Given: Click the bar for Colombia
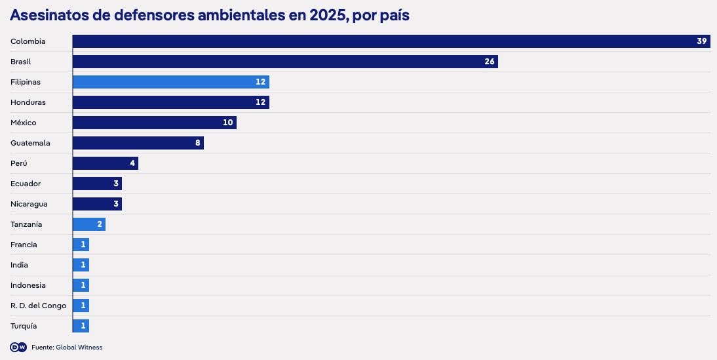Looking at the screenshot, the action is click(x=391, y=41).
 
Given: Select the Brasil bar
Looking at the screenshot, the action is click(x=285, y=62).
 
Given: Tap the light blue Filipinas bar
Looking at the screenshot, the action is click(x=171, y=82).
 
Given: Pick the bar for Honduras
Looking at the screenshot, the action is click(x=171, y=102).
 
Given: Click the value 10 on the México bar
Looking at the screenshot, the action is click(x=227, y=123).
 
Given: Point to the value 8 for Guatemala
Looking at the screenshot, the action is click(x=198, y=143).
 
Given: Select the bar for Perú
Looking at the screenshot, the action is click(x=106, y=163).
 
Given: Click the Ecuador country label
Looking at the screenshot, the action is click(x=26, y=184).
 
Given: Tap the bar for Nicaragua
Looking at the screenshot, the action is click(x=98, y=204).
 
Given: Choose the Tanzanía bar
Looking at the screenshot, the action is click(x=89, y=224).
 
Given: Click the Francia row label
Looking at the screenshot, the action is click(x=24, y=245).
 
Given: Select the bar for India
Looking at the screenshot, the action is click(x=81, y=265).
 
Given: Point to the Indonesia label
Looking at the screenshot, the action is click(x=28, y=285).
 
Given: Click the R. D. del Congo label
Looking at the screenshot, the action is click(x=39, y=306).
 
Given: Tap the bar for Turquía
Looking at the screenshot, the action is click(x=81, y=326).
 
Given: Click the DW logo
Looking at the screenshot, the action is click(x=18, y=347).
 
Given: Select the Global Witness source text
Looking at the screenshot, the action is click(x=79, y=348).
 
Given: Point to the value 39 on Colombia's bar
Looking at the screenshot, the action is click(x=702, y=41).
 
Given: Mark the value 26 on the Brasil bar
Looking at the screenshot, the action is click(x=490, y=62).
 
